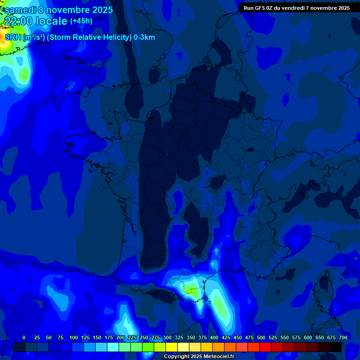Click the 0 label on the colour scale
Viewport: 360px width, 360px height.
[x=24, y=337]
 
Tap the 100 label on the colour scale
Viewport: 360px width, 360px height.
[x=74, y=337]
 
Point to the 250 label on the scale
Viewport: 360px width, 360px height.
[x=144, y=337]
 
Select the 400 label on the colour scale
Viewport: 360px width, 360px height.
[x=214, y=337]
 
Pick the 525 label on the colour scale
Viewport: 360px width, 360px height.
[x=273, y=337]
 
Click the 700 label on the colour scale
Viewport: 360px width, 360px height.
[x=343, y=337]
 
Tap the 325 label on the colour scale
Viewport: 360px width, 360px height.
[x=179, y=337]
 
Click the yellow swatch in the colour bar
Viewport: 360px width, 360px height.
[x=172, y=347]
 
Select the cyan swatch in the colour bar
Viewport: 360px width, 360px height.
[x=113, y=347]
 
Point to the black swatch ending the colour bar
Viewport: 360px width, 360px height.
[x=336, y=347]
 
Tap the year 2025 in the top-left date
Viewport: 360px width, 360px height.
[x=99, y=10]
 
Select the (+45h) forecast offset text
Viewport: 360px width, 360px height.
[x=81, y=21]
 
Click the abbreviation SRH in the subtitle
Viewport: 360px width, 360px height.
[x=13, y=37]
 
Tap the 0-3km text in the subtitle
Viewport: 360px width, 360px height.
[x=144, y=37]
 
